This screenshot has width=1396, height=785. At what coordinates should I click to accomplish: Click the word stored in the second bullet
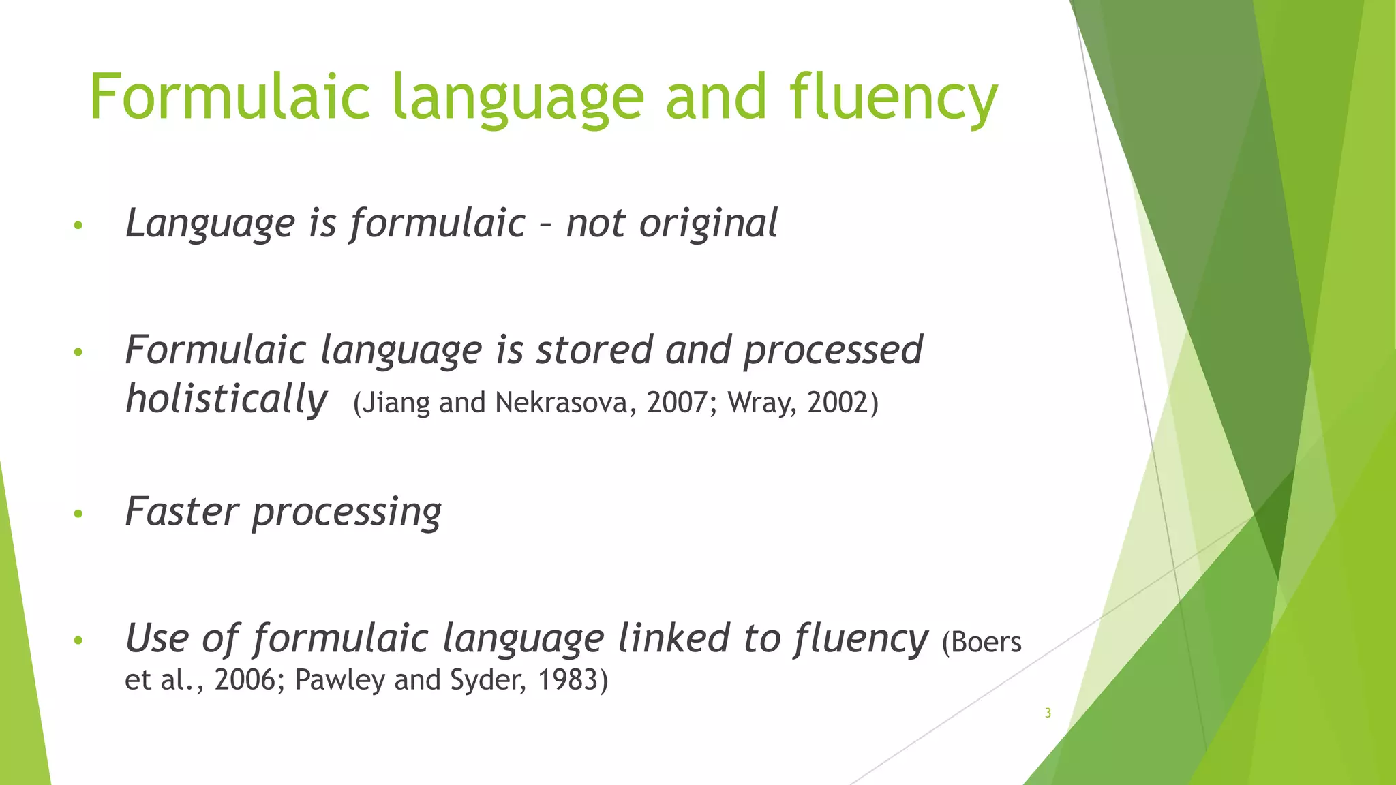594,350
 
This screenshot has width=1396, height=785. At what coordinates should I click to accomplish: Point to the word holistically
226,399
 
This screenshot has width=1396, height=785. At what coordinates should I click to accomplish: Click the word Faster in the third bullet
182,511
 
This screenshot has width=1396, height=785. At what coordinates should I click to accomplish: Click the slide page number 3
1048,713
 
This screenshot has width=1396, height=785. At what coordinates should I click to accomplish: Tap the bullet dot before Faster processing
78,514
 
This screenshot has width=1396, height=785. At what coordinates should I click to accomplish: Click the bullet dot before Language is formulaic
78,226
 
